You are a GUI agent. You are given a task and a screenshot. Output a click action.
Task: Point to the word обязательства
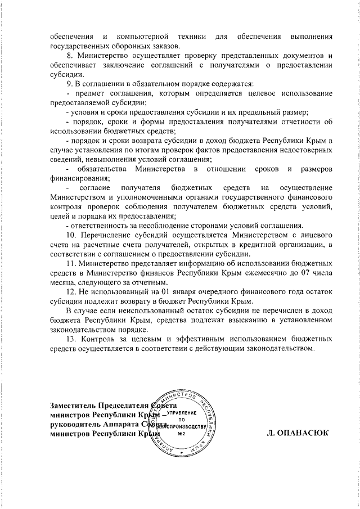tap(102, 169)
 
